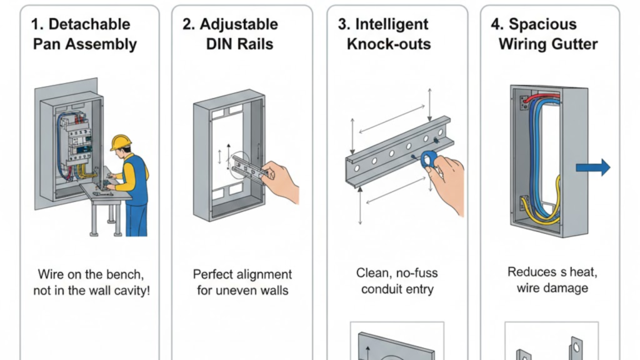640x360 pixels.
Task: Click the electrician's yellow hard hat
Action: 121,142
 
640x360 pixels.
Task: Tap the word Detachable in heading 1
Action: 89,24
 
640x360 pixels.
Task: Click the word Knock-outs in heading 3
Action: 389,44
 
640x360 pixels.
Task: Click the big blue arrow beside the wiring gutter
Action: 593,167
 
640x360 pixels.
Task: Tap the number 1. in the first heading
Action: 37,24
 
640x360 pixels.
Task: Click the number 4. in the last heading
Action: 497,24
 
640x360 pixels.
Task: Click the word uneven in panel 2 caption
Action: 241,291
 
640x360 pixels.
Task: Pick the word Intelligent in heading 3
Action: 392,24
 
